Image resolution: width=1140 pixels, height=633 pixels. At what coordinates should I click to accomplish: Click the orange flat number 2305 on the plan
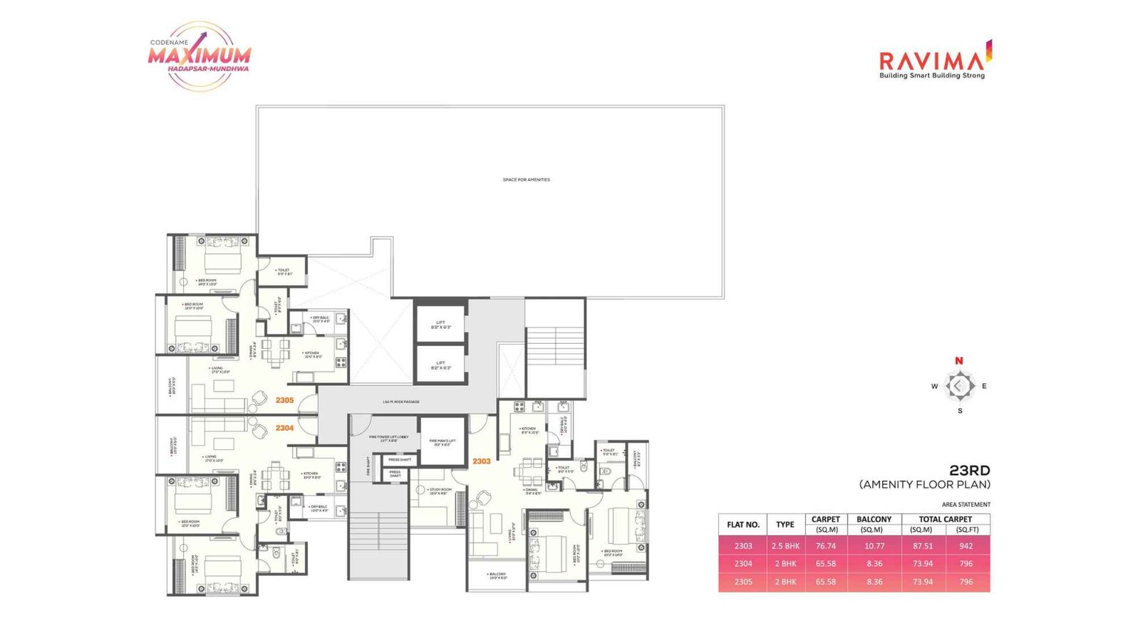(284, 400)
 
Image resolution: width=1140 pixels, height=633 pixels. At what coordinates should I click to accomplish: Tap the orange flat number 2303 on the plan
(482, 461)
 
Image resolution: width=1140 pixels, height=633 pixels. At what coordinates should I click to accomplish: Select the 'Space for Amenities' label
(526, 180)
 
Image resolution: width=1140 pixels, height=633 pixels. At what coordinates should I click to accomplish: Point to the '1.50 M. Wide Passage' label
(401, 402)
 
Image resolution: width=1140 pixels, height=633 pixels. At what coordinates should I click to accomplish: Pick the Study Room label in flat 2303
(440, 491)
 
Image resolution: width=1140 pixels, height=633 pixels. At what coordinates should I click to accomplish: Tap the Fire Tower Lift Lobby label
(388, 439)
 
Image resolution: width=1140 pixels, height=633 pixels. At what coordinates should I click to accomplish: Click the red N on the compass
(959, 361)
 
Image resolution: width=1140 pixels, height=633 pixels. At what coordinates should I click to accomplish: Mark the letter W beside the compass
(934, 387)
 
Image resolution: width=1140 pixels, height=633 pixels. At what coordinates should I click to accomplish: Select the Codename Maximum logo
(200, 56)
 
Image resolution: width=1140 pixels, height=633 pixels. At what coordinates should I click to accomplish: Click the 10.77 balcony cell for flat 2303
(874, 546)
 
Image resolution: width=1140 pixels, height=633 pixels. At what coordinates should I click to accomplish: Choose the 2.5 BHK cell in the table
(785, 546)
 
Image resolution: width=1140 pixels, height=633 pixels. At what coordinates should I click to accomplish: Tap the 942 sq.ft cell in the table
(966, 546)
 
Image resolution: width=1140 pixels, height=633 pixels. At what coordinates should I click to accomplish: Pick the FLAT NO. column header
(743, 525)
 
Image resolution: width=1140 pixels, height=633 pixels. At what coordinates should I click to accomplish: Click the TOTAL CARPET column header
(945, 519)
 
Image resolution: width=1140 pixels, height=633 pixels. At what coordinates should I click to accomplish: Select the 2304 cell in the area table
(743, 564)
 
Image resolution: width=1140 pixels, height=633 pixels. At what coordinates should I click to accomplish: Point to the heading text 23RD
(969, 471)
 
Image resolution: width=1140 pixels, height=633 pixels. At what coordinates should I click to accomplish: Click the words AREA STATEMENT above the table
(966, 505)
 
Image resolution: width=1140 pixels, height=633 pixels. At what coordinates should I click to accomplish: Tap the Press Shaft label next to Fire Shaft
(399, 460)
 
